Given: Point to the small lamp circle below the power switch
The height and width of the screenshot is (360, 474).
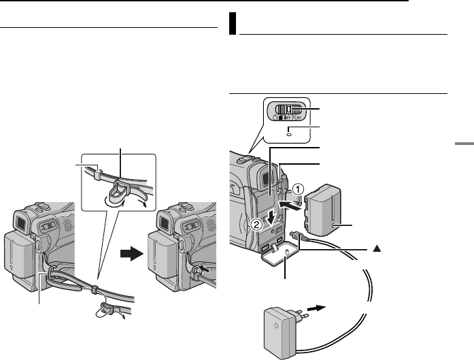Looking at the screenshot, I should tap(289, 133).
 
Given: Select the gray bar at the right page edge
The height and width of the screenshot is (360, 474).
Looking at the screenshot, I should tap(462, 144).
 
